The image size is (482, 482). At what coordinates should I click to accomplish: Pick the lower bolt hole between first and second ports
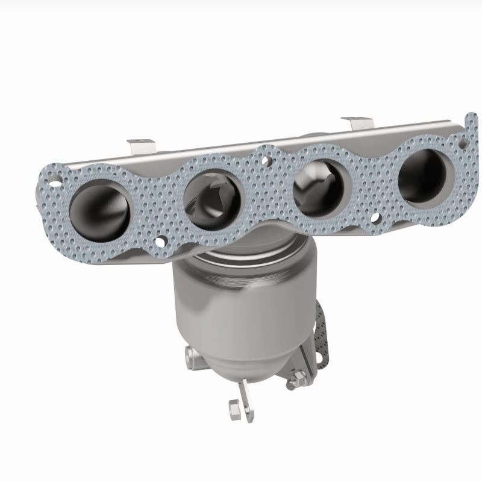click(x=160, y=242)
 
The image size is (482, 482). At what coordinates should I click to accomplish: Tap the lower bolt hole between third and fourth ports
click(x=376, y=218)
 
